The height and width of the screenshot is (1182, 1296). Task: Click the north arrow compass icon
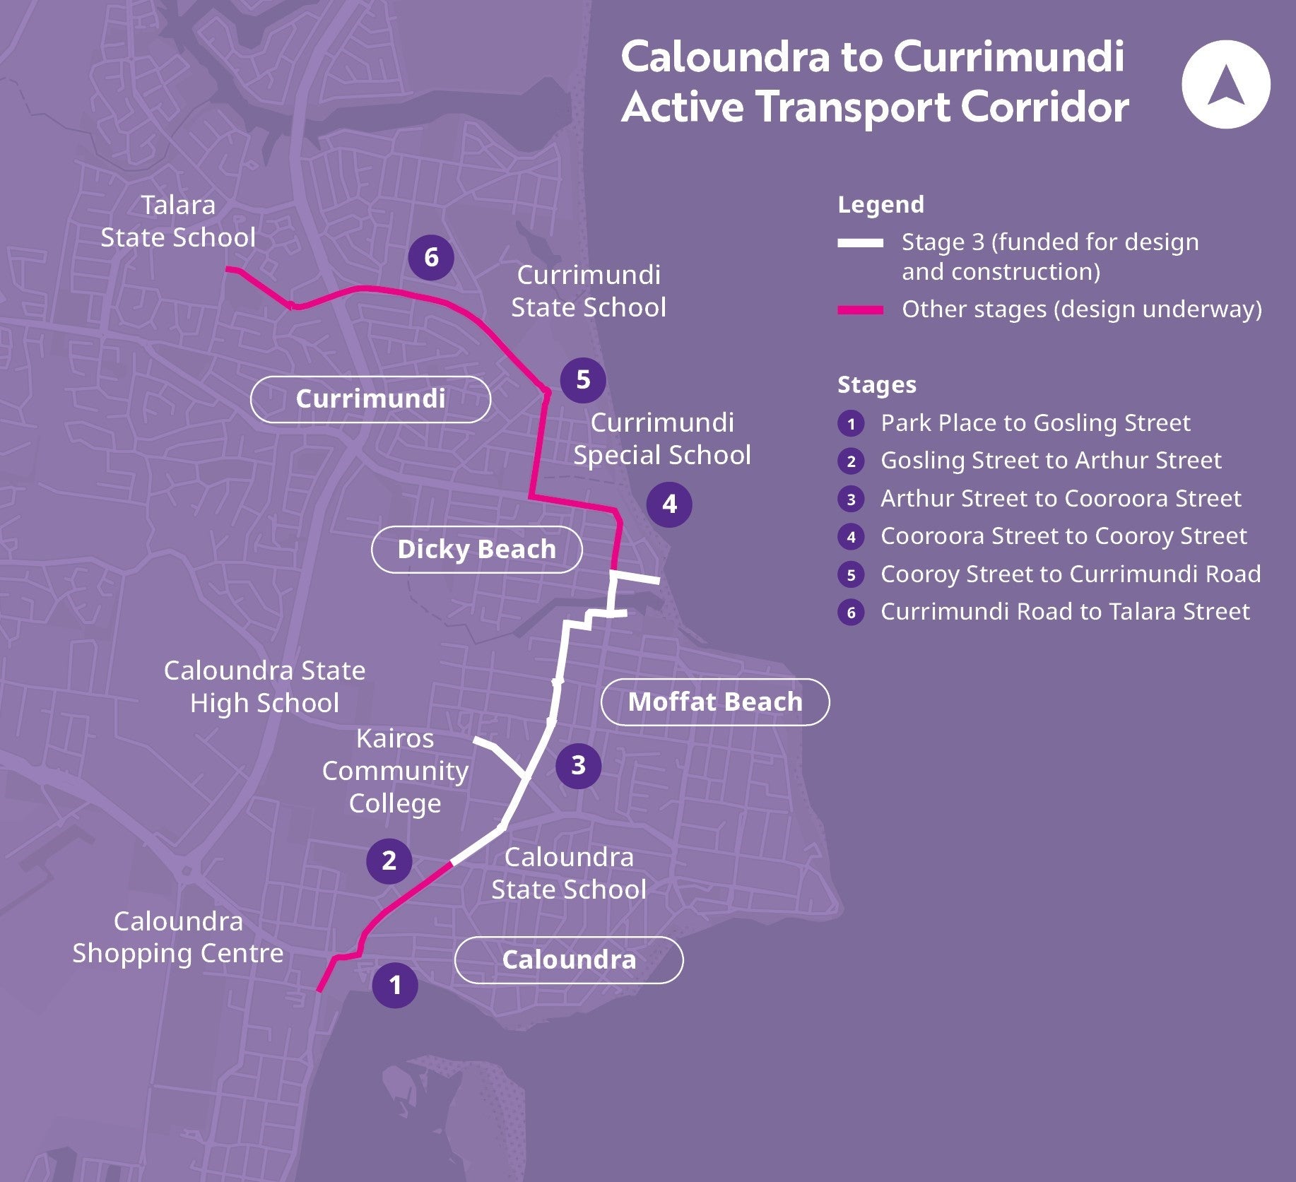1225,84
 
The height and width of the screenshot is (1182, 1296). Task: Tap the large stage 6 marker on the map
431,257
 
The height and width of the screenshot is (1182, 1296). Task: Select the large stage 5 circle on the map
583,379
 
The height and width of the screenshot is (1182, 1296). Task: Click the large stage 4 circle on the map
669,504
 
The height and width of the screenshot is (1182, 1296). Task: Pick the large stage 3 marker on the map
578,765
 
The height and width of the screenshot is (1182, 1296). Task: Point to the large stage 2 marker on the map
389,861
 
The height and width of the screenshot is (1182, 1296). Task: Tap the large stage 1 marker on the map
395,985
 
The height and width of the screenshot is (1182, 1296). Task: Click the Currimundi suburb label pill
370,399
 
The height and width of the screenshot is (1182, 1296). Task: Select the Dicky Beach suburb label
476,549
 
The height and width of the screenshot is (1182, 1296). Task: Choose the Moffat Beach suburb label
715,702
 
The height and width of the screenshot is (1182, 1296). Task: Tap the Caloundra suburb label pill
569,959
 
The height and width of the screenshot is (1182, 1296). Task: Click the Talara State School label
178,221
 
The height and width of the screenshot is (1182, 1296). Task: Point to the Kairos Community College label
395,771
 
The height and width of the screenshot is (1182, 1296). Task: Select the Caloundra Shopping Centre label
178,937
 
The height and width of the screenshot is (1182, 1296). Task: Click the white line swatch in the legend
860,243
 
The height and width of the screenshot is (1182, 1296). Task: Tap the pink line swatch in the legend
860,309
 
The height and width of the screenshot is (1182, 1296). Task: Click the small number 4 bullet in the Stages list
851,537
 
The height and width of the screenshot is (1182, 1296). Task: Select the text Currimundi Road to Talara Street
1065,612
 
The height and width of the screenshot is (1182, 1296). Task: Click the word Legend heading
880,205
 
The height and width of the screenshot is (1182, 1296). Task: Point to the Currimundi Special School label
662,439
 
